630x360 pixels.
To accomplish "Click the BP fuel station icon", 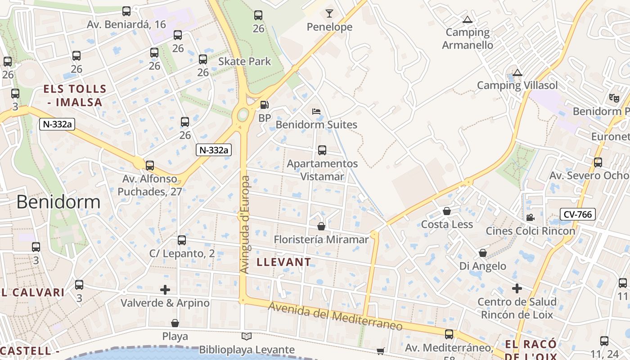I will click(x=265, y=105).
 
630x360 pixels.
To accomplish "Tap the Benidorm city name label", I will click(x=58, y=202).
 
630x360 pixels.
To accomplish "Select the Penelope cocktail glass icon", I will click(x=329, y=13).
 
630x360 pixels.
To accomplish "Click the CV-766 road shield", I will click(x=578, y=214).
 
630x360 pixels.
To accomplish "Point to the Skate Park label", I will click(x=244, y=61).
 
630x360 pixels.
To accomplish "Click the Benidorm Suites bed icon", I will click(x=316, y=111).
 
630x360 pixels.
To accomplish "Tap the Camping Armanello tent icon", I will click(x=468, y=19).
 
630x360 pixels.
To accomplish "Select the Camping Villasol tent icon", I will click(x=517, y=72).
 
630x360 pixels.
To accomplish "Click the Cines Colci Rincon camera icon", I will click(x=530, y=218).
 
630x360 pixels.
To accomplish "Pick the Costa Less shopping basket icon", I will click(x=447, y=211).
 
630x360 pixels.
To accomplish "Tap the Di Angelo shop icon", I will click(x=483, y=253).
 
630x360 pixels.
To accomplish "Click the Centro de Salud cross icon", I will click(x=517, y=288).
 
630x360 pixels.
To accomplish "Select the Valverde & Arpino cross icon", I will click(x=165, y=290).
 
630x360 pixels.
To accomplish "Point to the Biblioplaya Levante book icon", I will click(x=247, y=336).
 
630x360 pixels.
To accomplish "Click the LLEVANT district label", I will click(x=283, y=262).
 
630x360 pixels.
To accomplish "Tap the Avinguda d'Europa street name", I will click(x=245, y=224).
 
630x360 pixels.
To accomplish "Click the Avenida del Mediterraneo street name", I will click(x=335, y=317).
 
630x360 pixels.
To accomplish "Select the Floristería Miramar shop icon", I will click(x=321, y=226).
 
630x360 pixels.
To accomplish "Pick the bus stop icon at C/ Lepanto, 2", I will click(x=182, y=240).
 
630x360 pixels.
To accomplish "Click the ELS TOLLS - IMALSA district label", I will click(x=75, y=95).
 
